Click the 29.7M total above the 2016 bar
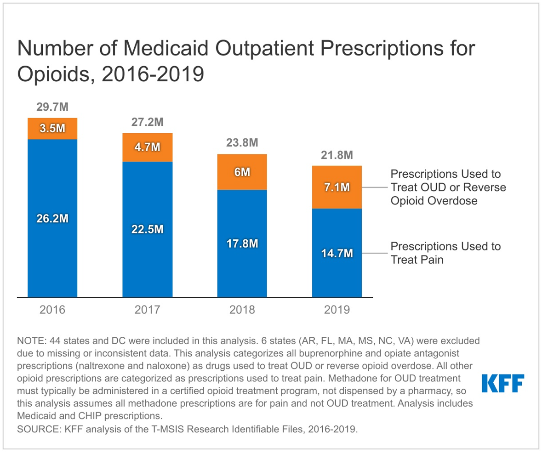(52, 108)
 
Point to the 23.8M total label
(242, 143)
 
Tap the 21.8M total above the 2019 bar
(337, 155)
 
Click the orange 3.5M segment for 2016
(52, 129)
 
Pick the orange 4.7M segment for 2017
(147, 147)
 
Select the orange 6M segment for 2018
(242, 172)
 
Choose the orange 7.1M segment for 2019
(337, 187)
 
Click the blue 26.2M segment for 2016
(52, 218)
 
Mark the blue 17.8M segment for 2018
(242, 243)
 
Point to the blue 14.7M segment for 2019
(337, 253)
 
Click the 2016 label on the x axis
(52, 310)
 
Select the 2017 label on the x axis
(147, 310)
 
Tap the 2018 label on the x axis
(242, 310)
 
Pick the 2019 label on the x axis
(337, 310)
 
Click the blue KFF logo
(502, 383)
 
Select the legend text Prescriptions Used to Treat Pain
(445, 253)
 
